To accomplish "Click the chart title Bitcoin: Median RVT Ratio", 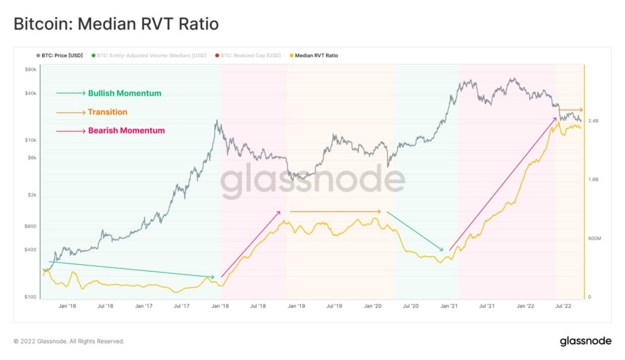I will click(116, 24).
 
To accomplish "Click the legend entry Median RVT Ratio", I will click(316, 56).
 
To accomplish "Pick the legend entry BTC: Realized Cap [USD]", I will click(250, 56).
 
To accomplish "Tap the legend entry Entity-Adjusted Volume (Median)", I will click(159, 56).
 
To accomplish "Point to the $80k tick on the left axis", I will click(31, 70).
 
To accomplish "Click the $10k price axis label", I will click(31, 141).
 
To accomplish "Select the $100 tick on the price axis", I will click(31, 297).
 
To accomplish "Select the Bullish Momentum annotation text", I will click(125, 93).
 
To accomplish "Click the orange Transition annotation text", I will click(107, 112).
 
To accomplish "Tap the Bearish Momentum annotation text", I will click(126, 131).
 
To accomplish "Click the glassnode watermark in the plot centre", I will click(312, 181).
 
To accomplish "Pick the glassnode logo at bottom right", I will click(585, 341).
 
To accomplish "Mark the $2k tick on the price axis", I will click(31, 196).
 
